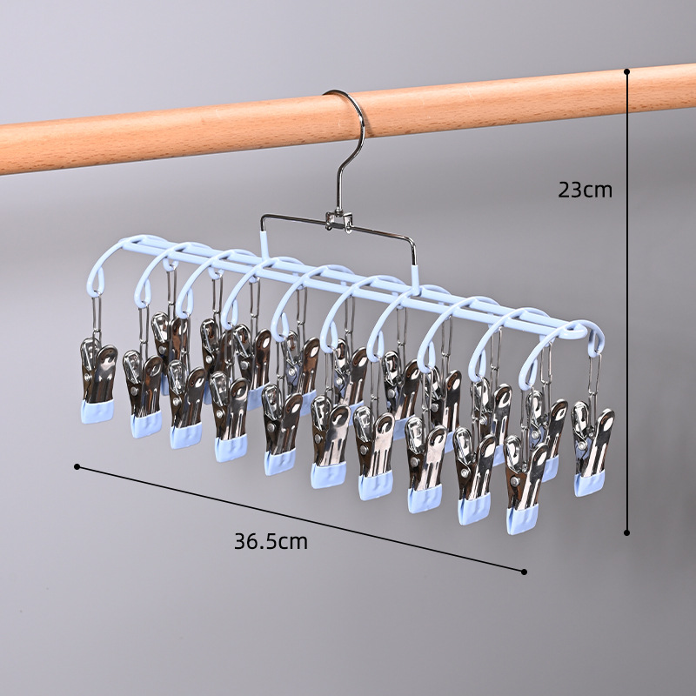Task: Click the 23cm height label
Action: [x=585, y=190]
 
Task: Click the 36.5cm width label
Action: [x=271, y=541]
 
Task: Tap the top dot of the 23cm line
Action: [x=626, y=71]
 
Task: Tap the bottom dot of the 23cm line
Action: [x=626, y=532]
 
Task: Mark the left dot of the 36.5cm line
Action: [x=77, y=466]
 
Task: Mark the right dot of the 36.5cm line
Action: [x=524, y=572]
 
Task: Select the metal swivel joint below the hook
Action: [x=339, y=221]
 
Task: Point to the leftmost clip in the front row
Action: [x=97, y=382]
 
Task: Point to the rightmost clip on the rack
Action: [x=592, y=448]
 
